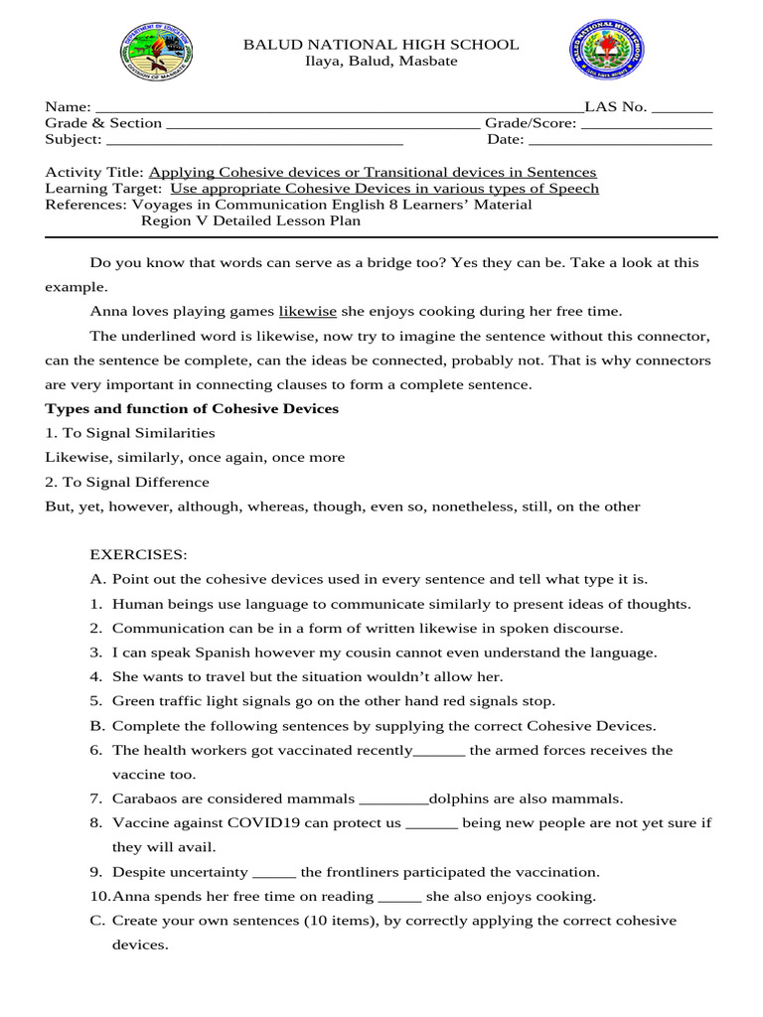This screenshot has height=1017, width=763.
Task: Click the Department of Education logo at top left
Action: click(x=157, y=52)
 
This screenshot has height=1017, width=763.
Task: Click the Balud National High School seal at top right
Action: click(x=606, y=52)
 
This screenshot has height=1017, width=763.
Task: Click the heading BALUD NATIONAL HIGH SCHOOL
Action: click(x=381, y=45)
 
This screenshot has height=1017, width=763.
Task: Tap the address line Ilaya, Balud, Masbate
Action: click(x=381, y=62)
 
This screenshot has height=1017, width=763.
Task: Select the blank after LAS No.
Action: click(x=682, y=108)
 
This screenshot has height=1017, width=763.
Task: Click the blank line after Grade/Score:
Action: click(x=646, y=124)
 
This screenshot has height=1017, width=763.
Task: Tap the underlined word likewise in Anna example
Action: click(x=308, y=311)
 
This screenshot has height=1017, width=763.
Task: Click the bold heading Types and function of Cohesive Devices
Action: click(x=192, y=408)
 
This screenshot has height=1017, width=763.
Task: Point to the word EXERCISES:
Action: click(x=138, y=554)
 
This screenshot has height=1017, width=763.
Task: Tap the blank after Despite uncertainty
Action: click(x=274, y=873)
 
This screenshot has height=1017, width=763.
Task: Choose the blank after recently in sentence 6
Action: click(x=438, y=751)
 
